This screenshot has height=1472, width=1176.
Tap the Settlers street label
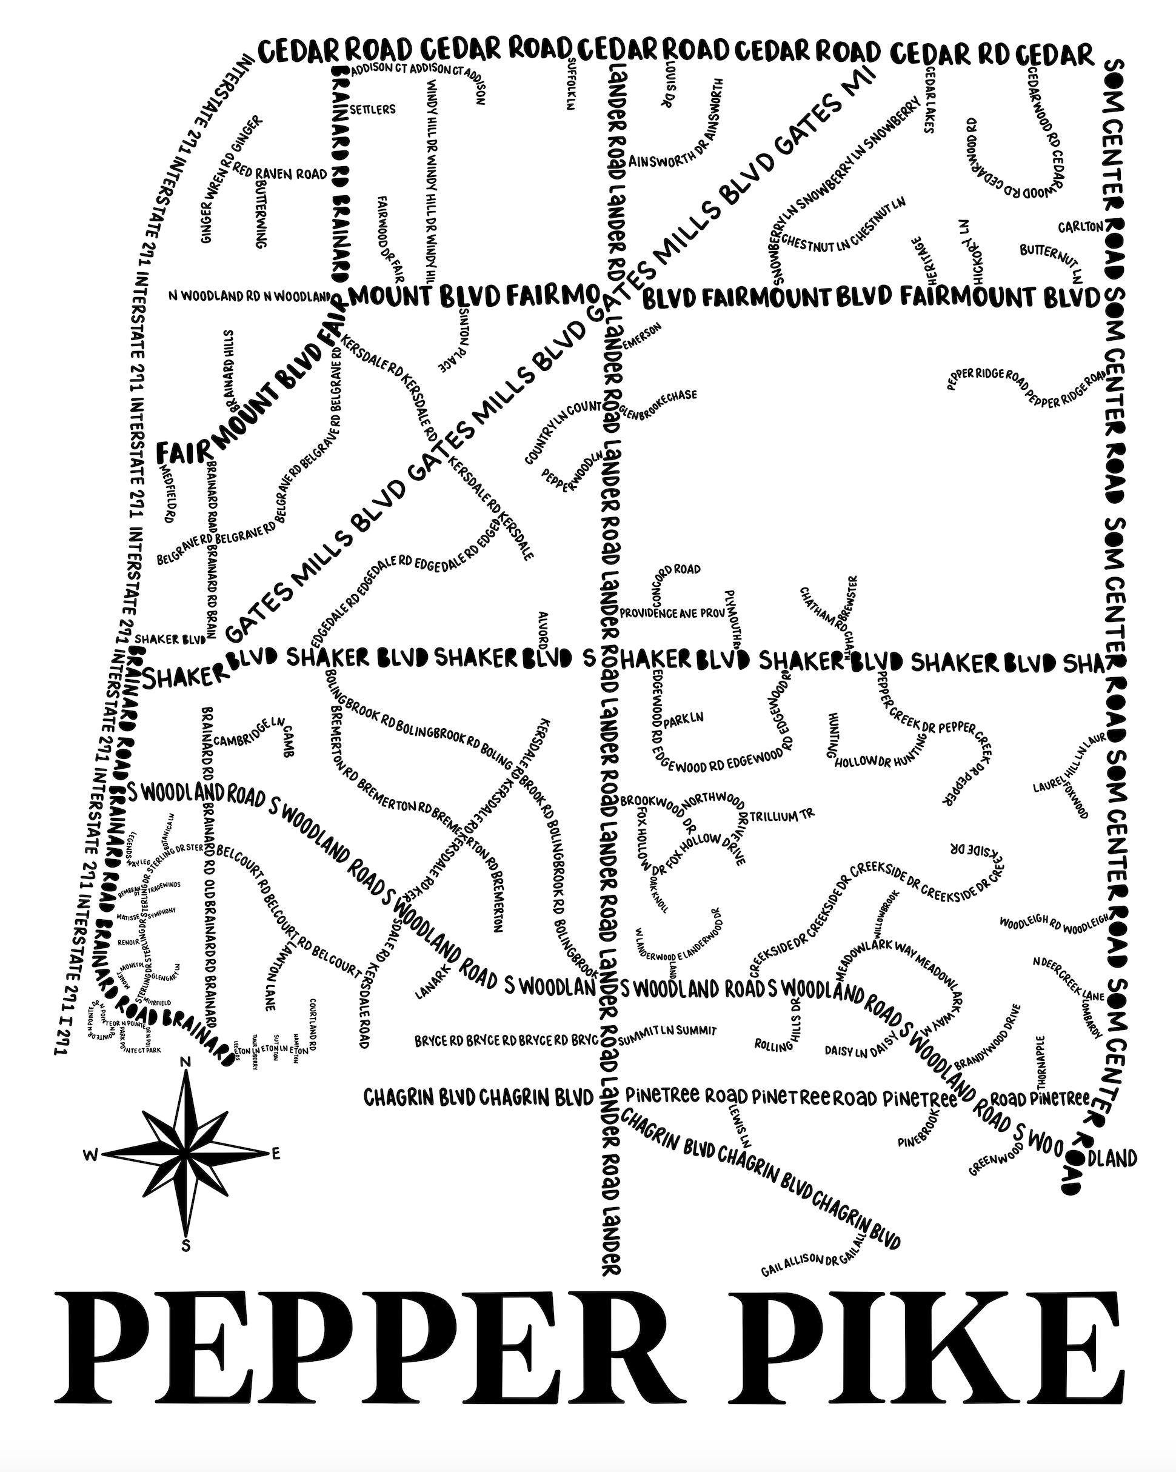coord(372,109)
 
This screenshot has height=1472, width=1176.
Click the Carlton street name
coord(1080,227)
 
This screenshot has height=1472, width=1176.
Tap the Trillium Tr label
coord(782,816)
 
